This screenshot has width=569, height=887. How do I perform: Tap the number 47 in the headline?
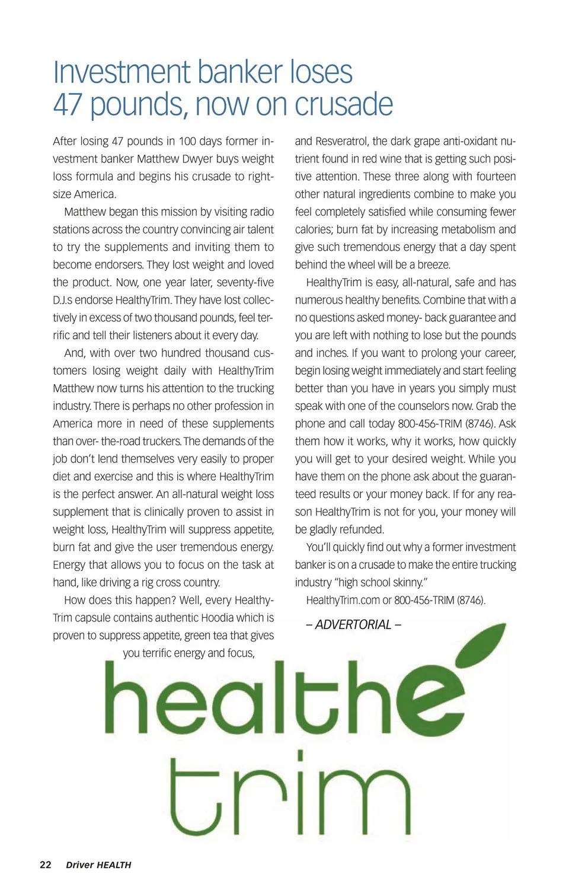[67, 104]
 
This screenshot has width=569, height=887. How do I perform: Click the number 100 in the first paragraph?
[187, 141]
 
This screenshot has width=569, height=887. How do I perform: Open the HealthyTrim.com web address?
[343, 600]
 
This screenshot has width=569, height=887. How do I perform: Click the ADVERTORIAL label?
[354, 625]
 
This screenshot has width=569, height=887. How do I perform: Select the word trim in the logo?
[290, 795]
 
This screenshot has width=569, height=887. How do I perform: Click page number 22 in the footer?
[45, 864]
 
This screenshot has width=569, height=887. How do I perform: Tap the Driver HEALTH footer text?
[98, 865]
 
